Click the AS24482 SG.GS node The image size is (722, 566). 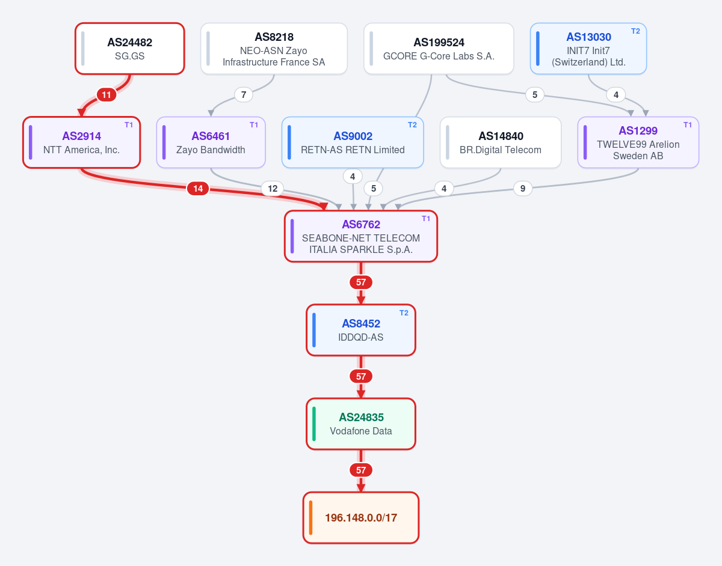point(129,49)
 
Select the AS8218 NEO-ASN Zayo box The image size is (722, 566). point(274,49)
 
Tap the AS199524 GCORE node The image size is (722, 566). point(439,49)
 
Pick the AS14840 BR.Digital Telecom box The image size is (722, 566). point(501,142)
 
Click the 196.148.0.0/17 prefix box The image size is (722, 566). point(361,517)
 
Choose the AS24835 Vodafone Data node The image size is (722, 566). point(361,424)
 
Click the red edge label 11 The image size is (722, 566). point(106,95)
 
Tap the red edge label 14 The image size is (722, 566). point(198,189)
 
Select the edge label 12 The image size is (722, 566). point(273,189)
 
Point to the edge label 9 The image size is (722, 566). point(523,189)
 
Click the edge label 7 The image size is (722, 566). point(244,95)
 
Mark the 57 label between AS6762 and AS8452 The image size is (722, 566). point(361,282)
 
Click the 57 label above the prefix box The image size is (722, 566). point(361,470)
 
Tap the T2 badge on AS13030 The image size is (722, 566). point(635,31)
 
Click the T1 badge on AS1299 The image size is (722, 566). point(688,125)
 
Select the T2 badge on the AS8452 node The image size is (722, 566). point(404,313)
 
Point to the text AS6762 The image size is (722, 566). point(361,225)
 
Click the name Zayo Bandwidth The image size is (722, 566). point(211,150)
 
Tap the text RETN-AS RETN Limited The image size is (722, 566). point(353,150)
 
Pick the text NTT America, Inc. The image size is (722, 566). point(81,150)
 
